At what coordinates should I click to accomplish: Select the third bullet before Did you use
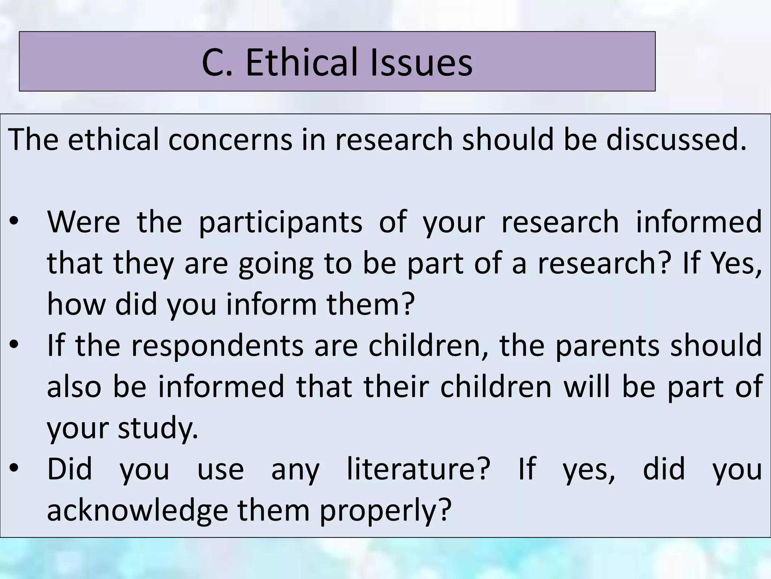point(14,469)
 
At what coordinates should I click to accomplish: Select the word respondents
point(217,346)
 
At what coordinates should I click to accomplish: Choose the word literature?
point(418,469)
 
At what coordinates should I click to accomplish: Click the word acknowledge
point(137,511)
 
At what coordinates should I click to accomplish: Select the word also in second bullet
point(74,387)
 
